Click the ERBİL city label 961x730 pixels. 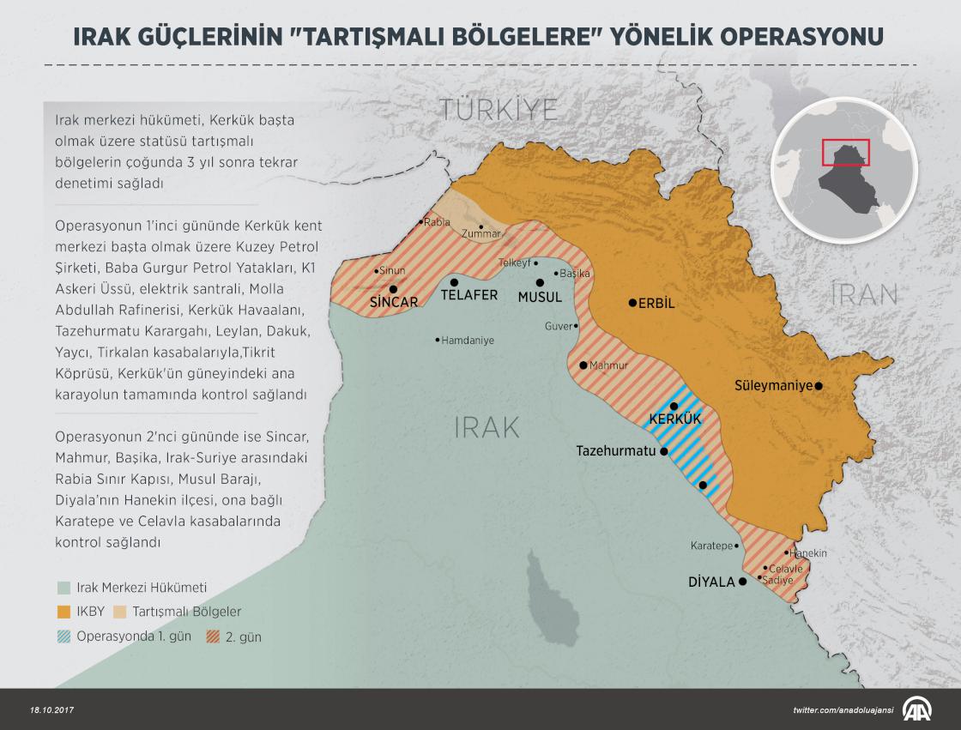(658, 303)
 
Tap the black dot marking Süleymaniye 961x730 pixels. (819, 386)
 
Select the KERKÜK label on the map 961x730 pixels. (675, 419)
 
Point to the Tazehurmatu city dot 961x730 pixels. (663, 450)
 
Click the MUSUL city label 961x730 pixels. (540, 297)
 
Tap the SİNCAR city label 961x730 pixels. (393, 302)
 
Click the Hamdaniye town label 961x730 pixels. (468, 341)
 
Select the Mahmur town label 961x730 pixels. (609, 365)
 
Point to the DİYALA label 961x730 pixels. (711, 582)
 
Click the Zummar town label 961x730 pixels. (480, 233)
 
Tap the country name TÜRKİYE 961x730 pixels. (499, 109)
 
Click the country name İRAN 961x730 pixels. (864, 295)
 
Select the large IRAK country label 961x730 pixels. (487, 427)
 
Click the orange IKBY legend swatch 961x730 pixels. (63, 612)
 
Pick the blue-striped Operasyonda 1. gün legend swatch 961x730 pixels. (63, 636)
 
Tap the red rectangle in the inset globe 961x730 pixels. (846, 153)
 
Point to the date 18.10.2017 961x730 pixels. (54, 710)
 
